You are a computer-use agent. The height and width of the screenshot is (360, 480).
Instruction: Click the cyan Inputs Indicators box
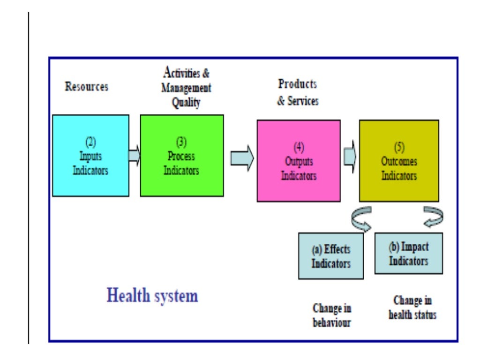[x=90, y=155]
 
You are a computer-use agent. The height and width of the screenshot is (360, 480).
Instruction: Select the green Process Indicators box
[x=181, y=155]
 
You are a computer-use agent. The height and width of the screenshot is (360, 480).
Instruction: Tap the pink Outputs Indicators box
[x=299, y=160]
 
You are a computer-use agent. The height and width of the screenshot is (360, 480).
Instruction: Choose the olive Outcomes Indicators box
[x=399, y=160]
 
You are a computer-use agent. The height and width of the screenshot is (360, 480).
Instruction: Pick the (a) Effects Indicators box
[x=331, y=256]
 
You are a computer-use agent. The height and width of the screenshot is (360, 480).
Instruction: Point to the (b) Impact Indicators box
[x=409, y=253]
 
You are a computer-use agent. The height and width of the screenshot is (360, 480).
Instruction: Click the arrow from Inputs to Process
[x=135, y=155]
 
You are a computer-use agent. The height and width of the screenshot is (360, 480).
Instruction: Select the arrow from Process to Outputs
[x=242, y=158]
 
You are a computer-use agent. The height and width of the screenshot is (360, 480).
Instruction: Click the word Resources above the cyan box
[x=87, y=87]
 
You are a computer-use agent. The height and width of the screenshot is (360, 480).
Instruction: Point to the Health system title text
[x=152, y=296]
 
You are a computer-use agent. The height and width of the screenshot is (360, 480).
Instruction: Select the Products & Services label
[x=298, y=92]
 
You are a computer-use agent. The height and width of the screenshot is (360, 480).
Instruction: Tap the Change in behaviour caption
[x=332, y=315]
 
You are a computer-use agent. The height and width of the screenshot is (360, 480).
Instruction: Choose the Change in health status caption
[x=412, y=307]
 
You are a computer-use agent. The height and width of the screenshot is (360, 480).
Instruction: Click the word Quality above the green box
[x=186, y=103]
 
